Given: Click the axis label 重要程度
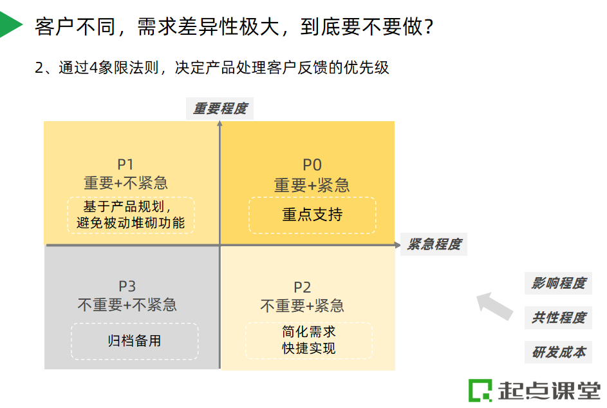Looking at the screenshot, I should pyautogui.click(x=220, y=108).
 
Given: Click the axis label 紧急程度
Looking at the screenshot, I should pyautogui.click(x=434, y=245).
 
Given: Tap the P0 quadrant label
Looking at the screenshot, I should pyautogui.click(x=312, y=166).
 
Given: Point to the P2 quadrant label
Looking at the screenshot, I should pyautogui.click(x=303, y=287).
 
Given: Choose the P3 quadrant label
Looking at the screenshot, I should pyautogui.click(x=127, y=286).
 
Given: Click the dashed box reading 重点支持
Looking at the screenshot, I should pyautogui.click(x=312, y=215).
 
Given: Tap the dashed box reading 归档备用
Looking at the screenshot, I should pyautogui.click(x=135, y=341).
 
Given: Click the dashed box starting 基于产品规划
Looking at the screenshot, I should pyautogui.click(x=131, y=215).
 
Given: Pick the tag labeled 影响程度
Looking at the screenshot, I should pyautogui.click(x=558, y=283).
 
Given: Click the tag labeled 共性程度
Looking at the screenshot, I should pyautogui.click(x=558, y=318).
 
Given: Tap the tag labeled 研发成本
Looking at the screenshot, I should pyautogui.click(x=558, y=353).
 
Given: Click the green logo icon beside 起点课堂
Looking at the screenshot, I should pyautogui.click(x=480, y=390).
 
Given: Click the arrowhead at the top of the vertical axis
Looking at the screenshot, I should pyautogui.click(x=220, y=124).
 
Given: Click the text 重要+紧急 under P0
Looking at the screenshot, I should pyautogui.click(x=312, y=186).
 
